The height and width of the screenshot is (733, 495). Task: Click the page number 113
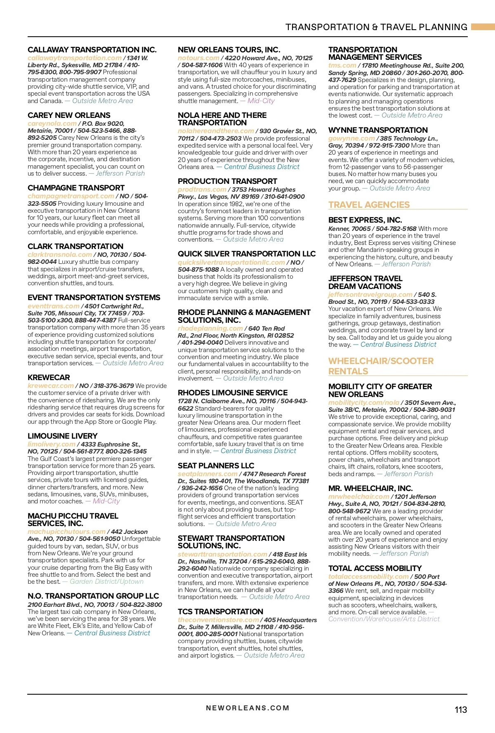pyautogui.click(x=461, y=710)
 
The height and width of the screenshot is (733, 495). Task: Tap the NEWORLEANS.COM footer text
pyautogui.click(x=247, y=708)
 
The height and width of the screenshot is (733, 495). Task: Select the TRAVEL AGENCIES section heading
pyautogui.click(x=369, y=205)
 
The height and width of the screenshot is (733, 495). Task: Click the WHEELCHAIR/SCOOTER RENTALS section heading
pyautogui.click(x=381, y=366)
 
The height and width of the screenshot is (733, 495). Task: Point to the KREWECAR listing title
pyautogui.click(x=49, y=377)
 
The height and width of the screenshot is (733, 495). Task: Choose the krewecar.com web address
pyautogui.click(x=50, y=385)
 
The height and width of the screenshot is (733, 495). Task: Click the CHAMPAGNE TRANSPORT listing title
pyautogui.click(x=76, y=188)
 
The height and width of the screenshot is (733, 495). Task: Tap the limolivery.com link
pyautogui.click(x=51, y=444)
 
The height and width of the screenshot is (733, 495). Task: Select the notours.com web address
pyautogui.click(x=198, y=58)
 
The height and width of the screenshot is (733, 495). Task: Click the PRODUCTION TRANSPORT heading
pyautogui.click(x=227, y=181)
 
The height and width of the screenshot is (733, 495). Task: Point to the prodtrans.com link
pyautogui.click(x=202, y=189)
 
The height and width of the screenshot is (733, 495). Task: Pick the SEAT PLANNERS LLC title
pyautogui.click(x=216, y=465)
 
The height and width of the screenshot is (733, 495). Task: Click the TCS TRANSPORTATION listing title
pyautogui.click(x=220, y=611)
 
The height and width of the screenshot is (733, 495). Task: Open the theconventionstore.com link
pyautogui.click(x=218, y=620)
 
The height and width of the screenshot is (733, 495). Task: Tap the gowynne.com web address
pyautogui.click(x=351, y=139)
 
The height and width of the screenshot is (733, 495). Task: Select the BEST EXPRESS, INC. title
pyautogui.click(x=365, y=220)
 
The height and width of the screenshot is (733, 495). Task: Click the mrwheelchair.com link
pyautogui.click(x=358, y=497)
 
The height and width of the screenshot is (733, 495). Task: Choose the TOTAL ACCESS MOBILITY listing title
pyautogui.click(x=375, y=568)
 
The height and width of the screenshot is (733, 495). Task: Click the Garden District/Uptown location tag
pyautogui.click(x=106, y=581)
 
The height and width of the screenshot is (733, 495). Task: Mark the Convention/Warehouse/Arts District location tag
pyautogui.click(x=384, y=619)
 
